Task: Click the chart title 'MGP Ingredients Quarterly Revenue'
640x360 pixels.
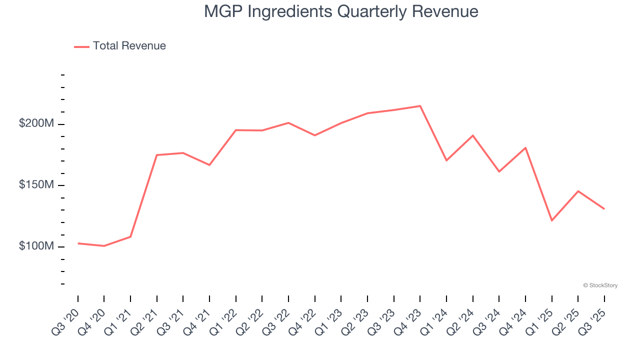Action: click(341, 11)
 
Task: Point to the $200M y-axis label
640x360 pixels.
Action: click(36, 123)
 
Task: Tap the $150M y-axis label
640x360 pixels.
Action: click(36, 185)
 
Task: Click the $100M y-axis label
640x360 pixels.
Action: click(36, 246)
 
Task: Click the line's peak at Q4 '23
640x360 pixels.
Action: click(420, 106)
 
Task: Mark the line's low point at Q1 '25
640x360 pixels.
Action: click(551, 220)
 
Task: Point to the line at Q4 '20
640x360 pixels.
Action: click(104, 246)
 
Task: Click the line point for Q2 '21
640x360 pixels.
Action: click(157, 155)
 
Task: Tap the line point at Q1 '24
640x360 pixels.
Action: click(446, 160)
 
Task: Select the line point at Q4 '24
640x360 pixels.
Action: click(525, 147)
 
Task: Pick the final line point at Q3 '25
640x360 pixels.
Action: click(604, 208)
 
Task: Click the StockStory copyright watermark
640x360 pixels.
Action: click(600, 285)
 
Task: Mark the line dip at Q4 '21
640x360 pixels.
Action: click(209, 165)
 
